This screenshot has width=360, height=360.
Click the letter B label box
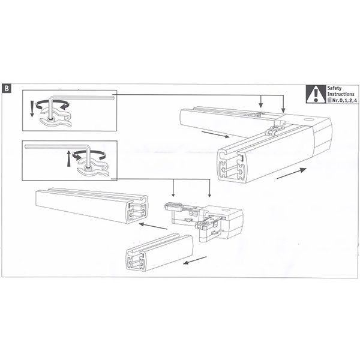pos(7,89)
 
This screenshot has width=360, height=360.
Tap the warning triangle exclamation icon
pos(316,94)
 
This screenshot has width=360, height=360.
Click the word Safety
pos(334,88)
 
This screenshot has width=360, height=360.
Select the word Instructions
pos(341,94)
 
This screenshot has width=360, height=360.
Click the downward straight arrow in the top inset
pos(32,109)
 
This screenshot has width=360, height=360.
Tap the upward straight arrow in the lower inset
pos(68,158)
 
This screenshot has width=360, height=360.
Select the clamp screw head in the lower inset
pos(88,169)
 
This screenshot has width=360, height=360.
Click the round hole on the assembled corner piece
pos(307,119)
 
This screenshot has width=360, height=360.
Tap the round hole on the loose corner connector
pos(226,211)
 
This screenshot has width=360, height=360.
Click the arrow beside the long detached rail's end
pos(153,226)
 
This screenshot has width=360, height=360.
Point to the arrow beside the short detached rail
pos(194,260)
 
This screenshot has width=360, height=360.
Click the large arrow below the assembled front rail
pos(292,173)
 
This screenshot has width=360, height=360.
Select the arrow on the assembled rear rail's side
pos(215,135)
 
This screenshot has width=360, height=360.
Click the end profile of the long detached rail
pos(138,209)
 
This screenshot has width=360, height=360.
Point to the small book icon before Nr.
pos(329,100)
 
